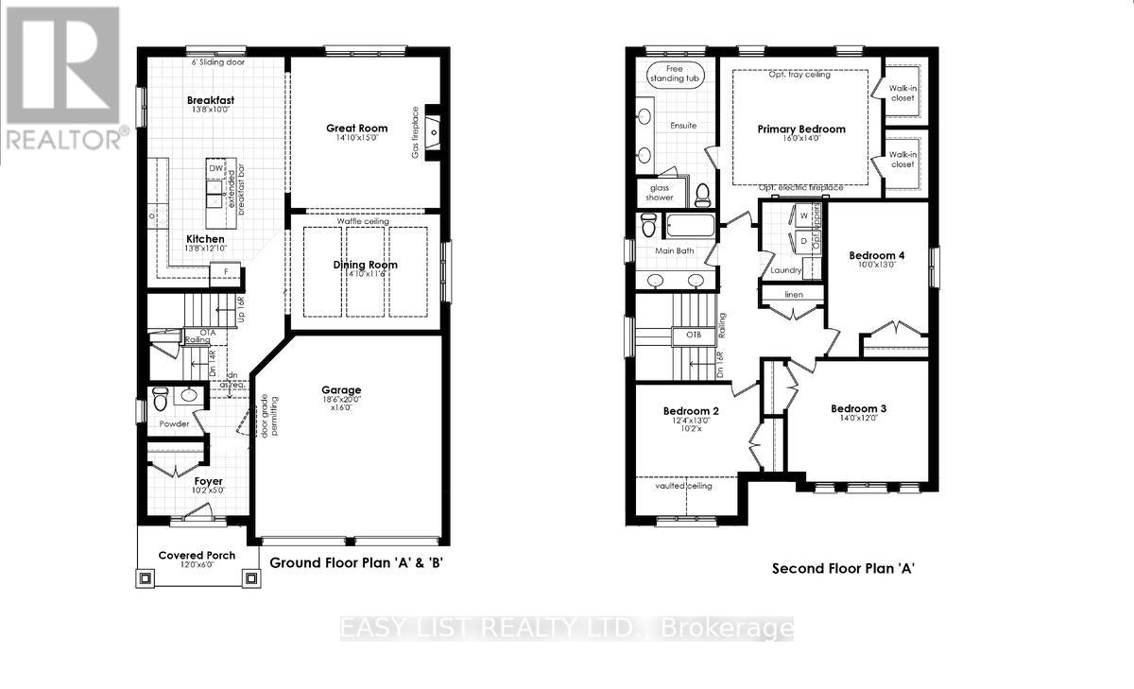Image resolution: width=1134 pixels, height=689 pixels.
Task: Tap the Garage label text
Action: point(341,389)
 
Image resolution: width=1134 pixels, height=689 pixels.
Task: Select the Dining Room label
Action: point(365,265)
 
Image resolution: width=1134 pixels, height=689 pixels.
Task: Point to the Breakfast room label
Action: point(210,100)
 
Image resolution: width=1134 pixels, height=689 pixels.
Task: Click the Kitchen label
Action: point(205,239)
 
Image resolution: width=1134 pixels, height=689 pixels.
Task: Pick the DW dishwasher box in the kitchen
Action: point(215,168)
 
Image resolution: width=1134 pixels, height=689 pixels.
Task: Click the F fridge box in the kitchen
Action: point(225,273)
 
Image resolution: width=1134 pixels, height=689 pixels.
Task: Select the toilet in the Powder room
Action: point(161,395)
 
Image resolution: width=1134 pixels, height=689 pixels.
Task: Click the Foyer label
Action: point(208,481)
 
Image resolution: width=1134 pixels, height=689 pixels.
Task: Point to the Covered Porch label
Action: point(197,555)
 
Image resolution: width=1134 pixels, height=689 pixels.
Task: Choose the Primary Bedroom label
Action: point(801,129)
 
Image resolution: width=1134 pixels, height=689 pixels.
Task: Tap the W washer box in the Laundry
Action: point(803,215)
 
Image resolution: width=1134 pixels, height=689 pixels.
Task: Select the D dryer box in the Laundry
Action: point(803,240)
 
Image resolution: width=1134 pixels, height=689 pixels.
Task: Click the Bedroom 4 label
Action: point(876,255)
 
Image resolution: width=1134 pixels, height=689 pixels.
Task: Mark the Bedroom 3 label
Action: point(858,408)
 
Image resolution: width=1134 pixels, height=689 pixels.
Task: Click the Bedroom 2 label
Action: point(692,411)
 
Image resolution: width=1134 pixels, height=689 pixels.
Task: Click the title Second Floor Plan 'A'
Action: point(844,568)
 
